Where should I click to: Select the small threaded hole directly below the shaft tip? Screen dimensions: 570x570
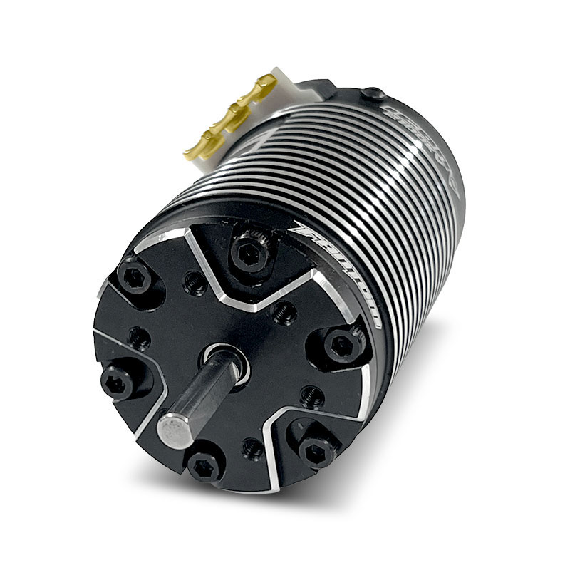252,445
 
